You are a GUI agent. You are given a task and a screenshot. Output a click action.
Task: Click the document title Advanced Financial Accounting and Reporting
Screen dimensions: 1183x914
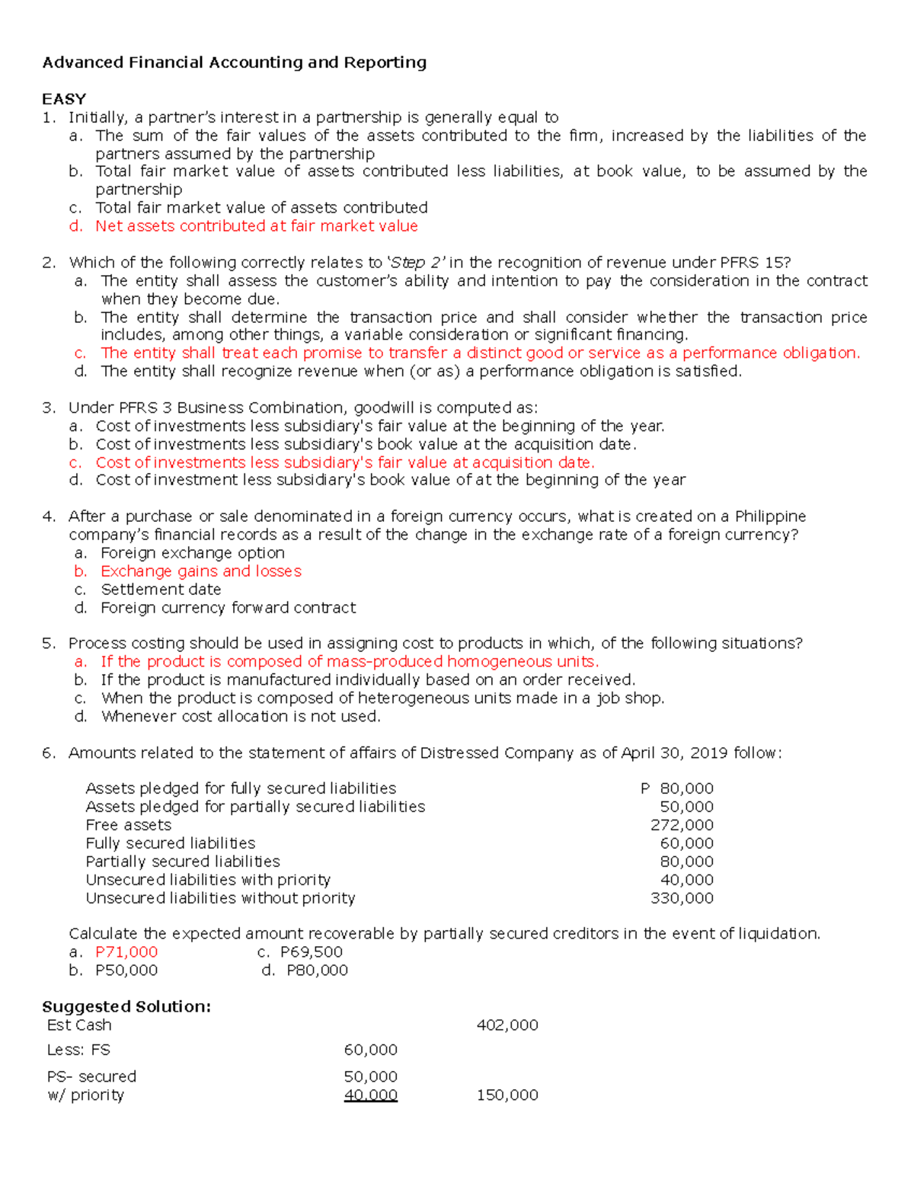pos(234,62)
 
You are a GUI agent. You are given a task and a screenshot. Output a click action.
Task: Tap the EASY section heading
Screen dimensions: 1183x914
pos(64,99)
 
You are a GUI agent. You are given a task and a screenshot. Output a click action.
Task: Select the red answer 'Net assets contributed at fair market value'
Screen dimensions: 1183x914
pos(256,226)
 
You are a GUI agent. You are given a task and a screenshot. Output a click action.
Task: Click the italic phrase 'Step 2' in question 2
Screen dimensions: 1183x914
pos(416,263)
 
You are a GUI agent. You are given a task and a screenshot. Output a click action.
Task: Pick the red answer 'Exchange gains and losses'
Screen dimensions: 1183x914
pos(200,571)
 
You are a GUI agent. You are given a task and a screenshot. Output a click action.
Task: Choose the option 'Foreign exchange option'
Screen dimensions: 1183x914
pos(192,553)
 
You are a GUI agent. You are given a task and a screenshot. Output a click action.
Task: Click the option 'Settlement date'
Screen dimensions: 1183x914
pos(161,590)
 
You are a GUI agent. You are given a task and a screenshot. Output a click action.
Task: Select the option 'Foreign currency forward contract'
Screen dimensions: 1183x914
pos(228,608)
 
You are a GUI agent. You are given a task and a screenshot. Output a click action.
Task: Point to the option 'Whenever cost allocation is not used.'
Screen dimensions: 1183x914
pos(241,717)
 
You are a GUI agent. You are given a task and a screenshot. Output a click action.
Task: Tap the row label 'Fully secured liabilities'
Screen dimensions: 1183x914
pos(170,843)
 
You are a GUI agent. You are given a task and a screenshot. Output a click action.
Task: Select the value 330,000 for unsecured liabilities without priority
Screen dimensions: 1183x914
pos(682,898)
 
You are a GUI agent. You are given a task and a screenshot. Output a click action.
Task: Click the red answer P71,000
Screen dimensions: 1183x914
pos(126,952)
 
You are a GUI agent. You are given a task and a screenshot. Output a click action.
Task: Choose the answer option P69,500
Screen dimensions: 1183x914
pos(312,952)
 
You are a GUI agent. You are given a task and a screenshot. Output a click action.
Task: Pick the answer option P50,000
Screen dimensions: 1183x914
pos(126,970)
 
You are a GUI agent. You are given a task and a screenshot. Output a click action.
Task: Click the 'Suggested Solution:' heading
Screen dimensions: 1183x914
pos(126,1007)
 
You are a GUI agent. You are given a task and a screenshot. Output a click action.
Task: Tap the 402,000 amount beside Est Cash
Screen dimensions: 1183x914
pos(507,1025)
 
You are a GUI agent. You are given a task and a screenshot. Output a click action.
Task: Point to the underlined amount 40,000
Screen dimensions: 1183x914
pos(371,1095)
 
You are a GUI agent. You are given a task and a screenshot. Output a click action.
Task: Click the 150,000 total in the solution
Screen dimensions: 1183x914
pos(507,1095)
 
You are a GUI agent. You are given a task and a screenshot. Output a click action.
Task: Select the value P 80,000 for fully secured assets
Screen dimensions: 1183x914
pos(677,788)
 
